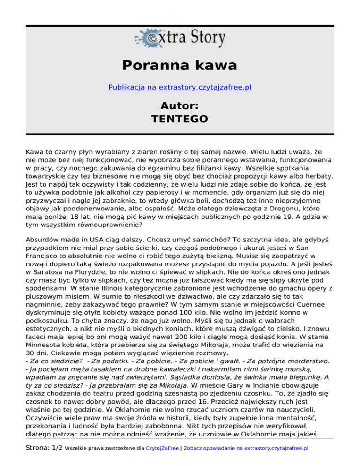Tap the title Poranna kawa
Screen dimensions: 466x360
click(x=180, y=65)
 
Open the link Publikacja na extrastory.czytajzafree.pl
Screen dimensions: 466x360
click(x=180, y=87)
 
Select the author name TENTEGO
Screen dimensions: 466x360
click(x=180, y=119)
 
